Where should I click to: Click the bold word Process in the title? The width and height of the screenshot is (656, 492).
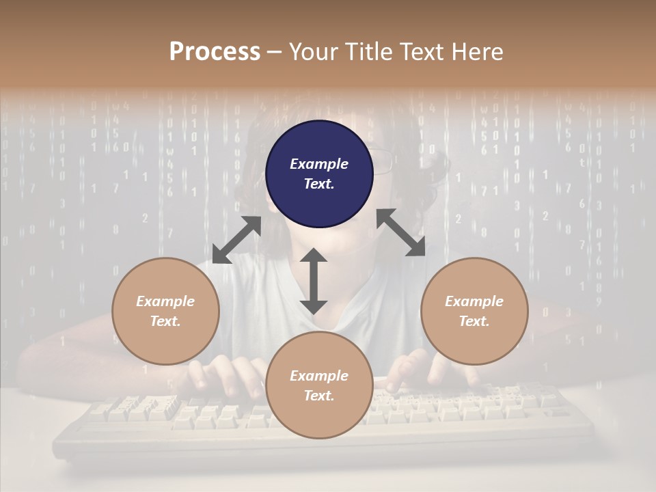[x=215, y=52]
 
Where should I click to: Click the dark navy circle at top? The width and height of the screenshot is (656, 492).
[x=319, y=174]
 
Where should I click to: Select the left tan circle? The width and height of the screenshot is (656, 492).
[x=165, y=311]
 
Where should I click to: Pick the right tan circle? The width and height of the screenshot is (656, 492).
[x=474, y=311]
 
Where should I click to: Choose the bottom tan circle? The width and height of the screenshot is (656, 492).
[x=319, y=385]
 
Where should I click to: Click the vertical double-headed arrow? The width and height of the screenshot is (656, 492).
[x=314, y=281]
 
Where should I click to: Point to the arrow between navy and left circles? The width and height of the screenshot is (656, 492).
[x=236, y=240]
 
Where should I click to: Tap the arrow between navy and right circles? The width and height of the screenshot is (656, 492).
[x=401, y=232]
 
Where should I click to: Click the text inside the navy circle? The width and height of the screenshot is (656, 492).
[x=319, y=174]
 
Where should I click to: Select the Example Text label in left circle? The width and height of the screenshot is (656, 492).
[x=165, y=311]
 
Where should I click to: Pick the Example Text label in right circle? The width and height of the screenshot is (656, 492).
[x=474, y=311]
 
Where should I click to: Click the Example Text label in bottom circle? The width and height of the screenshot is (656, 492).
[x=319, y=385]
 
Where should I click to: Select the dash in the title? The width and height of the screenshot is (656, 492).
[x=274, y=53]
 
